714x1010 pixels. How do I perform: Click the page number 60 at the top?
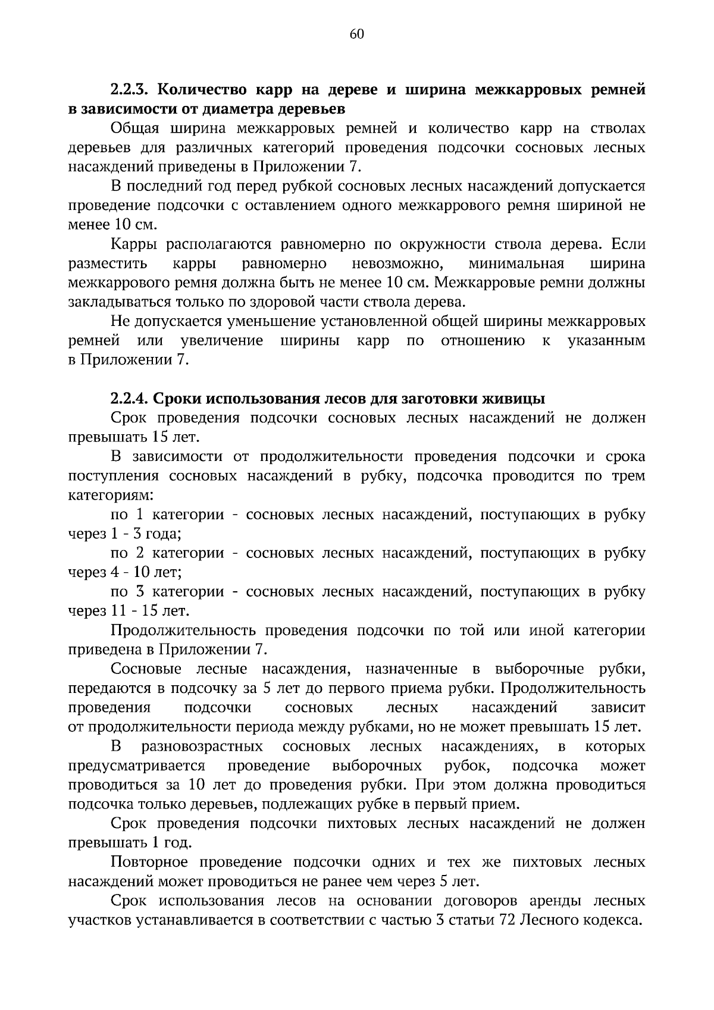pos(357,34)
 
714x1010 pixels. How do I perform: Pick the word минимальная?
pos(516,264)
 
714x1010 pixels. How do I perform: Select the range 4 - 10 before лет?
pos(131,572)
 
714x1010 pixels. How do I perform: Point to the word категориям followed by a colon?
pos(111,495)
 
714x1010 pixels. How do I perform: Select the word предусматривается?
pos(137,766)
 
